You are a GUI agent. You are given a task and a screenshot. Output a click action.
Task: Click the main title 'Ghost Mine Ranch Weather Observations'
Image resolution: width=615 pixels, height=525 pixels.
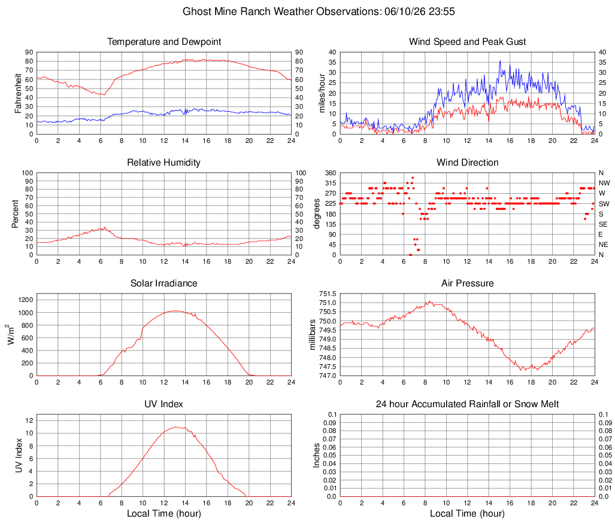(281, 11)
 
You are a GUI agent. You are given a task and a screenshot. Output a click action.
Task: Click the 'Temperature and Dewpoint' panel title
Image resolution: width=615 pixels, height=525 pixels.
(164, 41)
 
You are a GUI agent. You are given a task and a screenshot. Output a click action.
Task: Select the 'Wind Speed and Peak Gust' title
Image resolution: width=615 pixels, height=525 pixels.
(467, 41)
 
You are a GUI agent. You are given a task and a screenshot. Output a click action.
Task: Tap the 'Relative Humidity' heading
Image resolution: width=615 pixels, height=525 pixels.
(163, 163)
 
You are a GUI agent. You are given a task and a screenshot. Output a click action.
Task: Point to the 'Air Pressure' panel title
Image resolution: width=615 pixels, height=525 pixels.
(467, 283)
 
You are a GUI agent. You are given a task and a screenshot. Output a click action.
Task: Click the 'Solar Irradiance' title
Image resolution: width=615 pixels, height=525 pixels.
(163, 283)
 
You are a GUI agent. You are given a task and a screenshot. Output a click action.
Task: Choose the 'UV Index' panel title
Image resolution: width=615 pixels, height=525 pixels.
(163, 404)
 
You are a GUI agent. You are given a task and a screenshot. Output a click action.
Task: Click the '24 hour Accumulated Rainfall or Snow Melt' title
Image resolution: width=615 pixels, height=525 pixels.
(467, 404)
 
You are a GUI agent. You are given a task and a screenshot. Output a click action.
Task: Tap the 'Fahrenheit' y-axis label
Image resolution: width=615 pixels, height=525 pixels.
(18, 93)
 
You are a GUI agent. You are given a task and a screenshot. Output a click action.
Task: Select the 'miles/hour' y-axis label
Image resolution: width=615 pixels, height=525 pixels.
(322, 93)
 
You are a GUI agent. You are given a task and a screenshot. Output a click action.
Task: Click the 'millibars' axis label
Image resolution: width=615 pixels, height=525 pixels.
(313, 335)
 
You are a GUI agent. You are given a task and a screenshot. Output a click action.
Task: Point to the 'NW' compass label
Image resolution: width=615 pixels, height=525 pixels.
(604, 183)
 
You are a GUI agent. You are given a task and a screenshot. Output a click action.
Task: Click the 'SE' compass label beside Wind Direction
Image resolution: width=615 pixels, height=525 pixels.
(603, 224)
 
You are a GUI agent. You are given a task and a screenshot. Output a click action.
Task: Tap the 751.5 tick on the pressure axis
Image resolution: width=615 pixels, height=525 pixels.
(328, 294)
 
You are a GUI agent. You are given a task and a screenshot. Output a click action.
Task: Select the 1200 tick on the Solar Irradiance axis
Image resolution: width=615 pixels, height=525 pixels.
(26, 300)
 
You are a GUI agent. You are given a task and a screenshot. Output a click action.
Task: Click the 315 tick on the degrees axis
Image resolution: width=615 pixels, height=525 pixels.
(331, 183)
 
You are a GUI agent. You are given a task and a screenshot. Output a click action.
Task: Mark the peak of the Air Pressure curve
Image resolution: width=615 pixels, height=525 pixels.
(430, 301)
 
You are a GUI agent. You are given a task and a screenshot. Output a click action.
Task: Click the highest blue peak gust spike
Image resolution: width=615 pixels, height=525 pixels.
(500, 61)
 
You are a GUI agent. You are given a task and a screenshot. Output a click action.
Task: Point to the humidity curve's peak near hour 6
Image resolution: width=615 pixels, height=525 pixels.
(105, 227)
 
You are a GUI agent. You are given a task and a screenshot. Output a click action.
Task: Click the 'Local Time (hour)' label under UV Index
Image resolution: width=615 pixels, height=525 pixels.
(163, 513)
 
